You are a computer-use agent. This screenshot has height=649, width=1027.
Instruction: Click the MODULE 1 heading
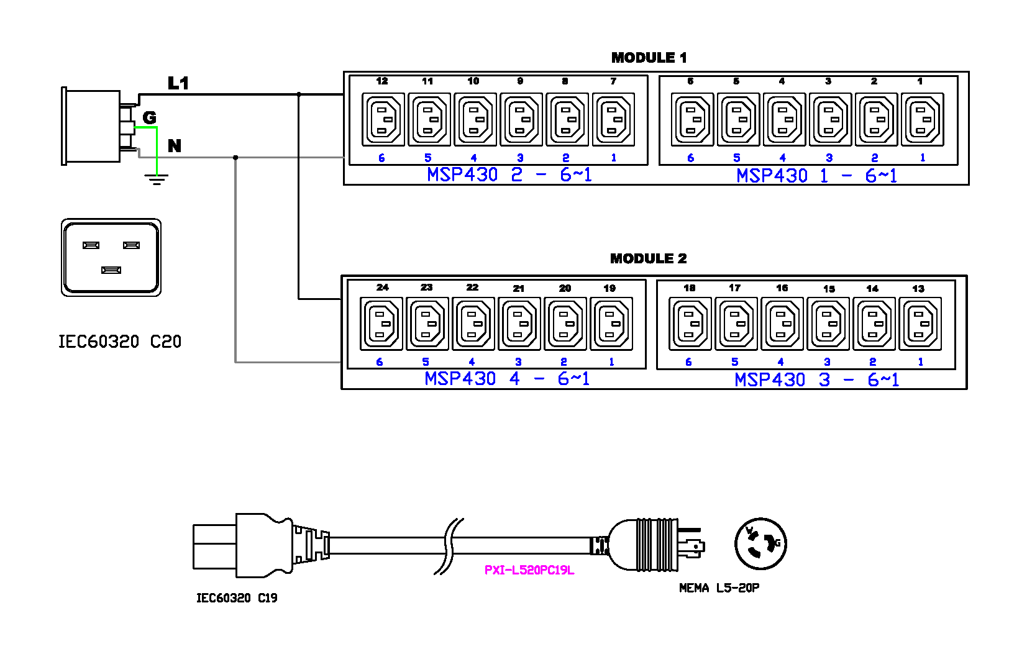click(x=649, y=58)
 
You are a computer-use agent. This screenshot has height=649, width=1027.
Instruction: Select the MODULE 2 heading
click(x=648, y=258)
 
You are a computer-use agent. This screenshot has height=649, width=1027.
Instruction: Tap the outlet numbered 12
click(x=383, y=119)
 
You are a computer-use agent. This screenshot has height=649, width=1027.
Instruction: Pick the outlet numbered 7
click(x=614, y=119)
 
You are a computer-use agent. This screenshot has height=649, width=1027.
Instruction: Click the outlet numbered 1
click(x=922, y=119)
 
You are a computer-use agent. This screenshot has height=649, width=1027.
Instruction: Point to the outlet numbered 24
click(x=381, y=324)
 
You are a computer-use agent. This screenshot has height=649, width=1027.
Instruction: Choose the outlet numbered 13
click(x=920, y=324)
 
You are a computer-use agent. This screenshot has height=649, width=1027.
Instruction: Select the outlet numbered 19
click(x=612, y=324)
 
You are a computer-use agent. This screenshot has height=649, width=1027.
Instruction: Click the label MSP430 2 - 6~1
click(x=509, y=175)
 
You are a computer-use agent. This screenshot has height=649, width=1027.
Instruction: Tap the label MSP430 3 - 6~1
click(x=816, y=379)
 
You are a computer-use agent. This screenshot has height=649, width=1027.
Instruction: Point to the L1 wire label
click(x=178, y=83)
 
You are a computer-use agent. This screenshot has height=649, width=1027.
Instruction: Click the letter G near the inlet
click(x=149, y=117)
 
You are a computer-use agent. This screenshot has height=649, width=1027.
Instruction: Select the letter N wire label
click(x=175, y=146)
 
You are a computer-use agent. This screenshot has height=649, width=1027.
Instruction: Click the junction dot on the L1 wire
click(x=299, y=94)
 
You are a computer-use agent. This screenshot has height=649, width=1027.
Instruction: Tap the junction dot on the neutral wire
click(x=235, y=157)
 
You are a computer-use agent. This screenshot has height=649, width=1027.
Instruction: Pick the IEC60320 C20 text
click(x=120, y=342)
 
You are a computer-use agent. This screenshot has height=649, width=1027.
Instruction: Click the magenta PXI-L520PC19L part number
click(x=529, y=570)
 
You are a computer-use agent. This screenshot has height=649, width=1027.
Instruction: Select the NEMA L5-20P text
click(x=719, y=588)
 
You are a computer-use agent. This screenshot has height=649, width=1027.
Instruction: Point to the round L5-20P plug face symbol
click(x=760, y=543)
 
